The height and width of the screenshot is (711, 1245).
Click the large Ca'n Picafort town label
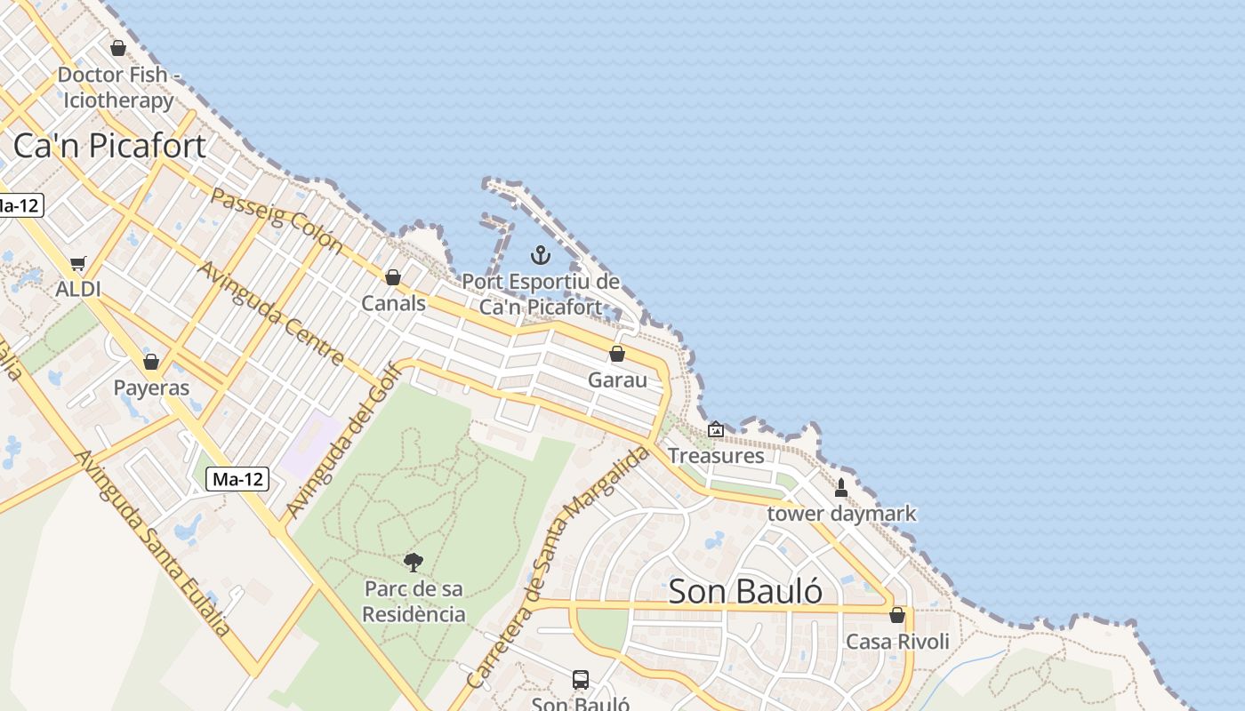(109, 146)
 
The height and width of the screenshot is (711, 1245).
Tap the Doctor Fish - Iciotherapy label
(118, 87)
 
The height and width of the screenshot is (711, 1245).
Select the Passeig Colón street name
(276, 219)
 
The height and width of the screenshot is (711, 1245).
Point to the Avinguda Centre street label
(270, 313)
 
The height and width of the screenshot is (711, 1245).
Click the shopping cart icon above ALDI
(78, 263)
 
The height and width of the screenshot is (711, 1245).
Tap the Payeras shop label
(151, 387)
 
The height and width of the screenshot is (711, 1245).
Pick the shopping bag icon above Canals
(393, 277)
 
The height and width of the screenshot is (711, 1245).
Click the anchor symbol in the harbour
(540, 256)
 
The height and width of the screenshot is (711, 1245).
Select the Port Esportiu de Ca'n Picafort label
(541, 294)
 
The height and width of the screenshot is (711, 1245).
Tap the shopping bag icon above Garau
(617, 354)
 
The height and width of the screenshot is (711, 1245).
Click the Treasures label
(716, 455)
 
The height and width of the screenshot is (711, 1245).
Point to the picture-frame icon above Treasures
(716, 430)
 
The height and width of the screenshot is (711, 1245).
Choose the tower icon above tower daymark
(841, 487)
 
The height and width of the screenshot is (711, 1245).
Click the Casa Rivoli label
(897, 641)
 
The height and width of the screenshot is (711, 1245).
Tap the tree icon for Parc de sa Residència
(414, 562)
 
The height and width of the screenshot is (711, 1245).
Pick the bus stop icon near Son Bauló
(581, 680)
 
